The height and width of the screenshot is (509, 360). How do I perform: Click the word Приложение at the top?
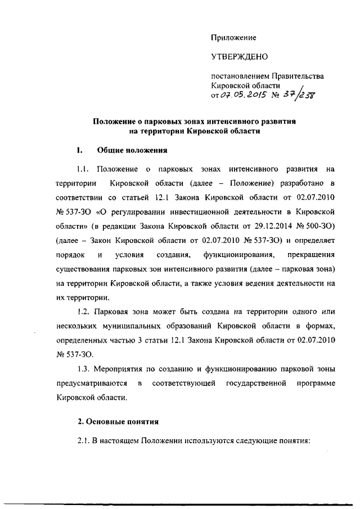tap(233, 38)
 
